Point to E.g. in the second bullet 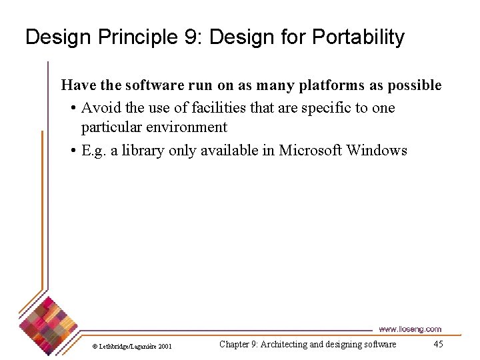tap(94, 151)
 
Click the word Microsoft tap(310, 151)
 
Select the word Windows tap(377, 151)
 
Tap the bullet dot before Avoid tap(73, 109)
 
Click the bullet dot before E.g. tap(73, 151)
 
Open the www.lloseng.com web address tap(409, 329)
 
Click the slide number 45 tap(438, 345)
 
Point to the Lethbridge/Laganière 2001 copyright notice tap(132, 346)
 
